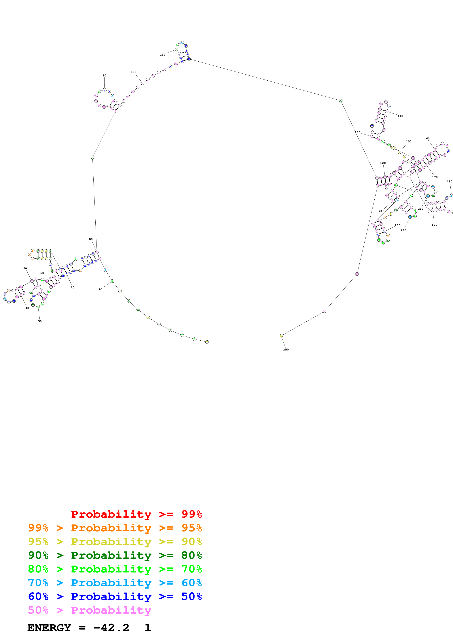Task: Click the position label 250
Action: click(x=286, y=350)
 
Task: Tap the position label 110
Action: click(x=163, y=55)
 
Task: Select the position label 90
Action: click(x=104, y=76)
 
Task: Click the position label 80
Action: click(x=91, y=239)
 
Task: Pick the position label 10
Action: click(x=100, y=289)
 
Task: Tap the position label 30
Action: click(x=40, y=321)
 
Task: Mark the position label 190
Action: click(x=434, y=225)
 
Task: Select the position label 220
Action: click(x=403, y=230)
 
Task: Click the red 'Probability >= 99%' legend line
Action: click(x=136, y=514)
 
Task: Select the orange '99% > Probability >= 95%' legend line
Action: click(x=115, y=528)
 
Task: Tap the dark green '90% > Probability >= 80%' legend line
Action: click(x=115, y=555)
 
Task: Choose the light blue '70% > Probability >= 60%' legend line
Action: click(x=115, y=583)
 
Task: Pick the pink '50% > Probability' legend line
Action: click(x=90, y=610)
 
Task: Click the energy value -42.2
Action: click(x=111, y=628)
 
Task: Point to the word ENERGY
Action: click(x=49, y=628)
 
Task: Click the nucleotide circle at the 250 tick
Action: click(x=281, y=336)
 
